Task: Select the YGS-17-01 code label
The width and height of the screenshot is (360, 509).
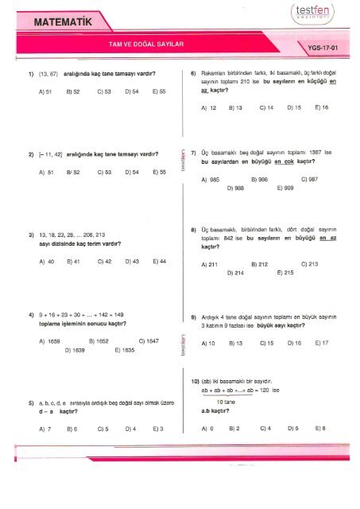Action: (x=327, y=48)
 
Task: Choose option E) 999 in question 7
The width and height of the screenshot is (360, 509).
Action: (x=284, y=188)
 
